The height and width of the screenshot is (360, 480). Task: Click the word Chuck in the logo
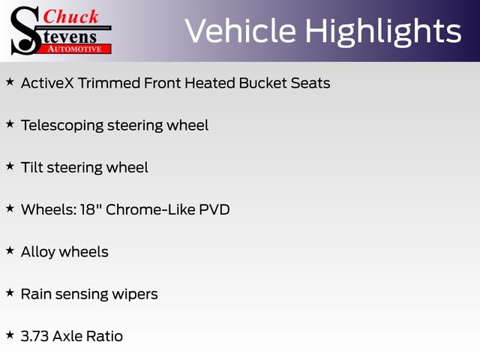point(70,16)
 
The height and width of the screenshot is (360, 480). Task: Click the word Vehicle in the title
point(241,31)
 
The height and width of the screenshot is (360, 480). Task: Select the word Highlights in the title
point(383,32)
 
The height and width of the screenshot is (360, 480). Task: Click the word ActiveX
point(47,83)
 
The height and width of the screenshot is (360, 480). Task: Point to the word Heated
point(210,83)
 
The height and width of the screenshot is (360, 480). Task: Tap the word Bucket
point(263,83)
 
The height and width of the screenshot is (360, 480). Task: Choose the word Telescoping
point(62,126)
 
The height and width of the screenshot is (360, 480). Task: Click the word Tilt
point(31,167)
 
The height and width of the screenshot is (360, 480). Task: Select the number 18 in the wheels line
point(88,210)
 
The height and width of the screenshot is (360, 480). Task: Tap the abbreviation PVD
point(214,210)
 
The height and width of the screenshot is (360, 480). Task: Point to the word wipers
point(135,295)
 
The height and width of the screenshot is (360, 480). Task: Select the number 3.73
point(35,337)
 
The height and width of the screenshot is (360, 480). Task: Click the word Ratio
point(105,337)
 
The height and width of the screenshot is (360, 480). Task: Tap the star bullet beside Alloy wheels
point(10,250)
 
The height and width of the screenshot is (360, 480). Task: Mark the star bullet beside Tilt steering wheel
point(10,166)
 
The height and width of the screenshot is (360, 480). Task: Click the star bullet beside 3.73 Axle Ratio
point(10,334)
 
